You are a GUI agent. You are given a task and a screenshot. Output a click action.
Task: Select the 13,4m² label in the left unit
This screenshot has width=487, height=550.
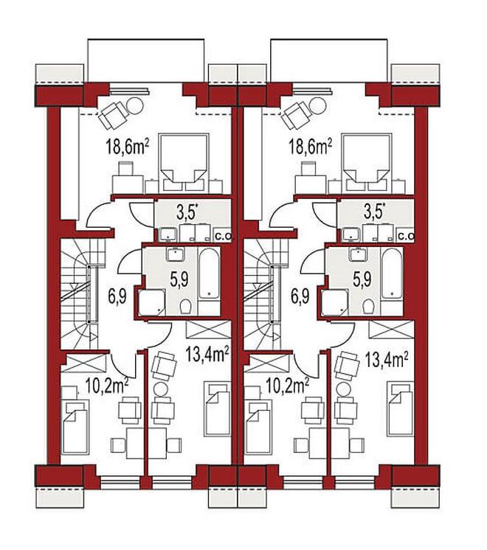208,355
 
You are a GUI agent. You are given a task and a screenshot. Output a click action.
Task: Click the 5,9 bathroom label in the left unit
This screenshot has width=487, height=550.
179,279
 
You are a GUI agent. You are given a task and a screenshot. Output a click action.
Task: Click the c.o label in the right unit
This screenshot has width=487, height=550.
407,237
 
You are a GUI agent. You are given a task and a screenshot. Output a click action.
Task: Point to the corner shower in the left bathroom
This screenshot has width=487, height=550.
152,302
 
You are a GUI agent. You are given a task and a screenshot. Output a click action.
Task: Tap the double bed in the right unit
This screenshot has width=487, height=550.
366,162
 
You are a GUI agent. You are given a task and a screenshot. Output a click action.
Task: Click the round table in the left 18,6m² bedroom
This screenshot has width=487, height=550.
134,105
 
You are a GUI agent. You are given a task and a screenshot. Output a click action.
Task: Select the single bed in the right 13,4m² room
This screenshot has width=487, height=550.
401,410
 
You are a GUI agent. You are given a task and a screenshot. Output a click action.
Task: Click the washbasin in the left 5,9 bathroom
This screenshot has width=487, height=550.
175,254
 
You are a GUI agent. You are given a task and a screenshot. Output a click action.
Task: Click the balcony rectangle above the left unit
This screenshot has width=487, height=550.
145,60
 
